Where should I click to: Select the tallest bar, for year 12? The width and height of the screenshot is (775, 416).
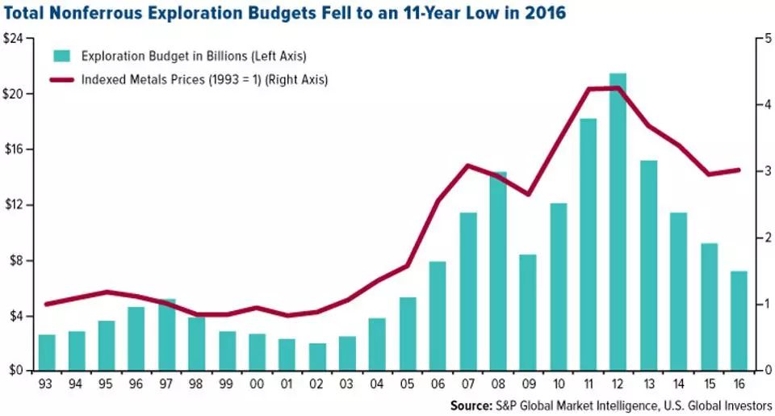tap(618, 222)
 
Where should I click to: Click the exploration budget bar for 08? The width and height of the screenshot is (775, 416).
tap(498, 271)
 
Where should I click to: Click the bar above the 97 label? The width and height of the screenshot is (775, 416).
tap(167, 334)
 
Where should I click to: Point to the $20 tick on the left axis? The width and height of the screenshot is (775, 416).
tap(16, 94)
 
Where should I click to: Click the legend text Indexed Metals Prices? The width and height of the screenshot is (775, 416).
tap(145, 79)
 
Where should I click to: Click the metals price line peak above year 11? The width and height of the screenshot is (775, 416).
tap(589, 89)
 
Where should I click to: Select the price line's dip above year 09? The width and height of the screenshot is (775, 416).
tap(528, 194)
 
